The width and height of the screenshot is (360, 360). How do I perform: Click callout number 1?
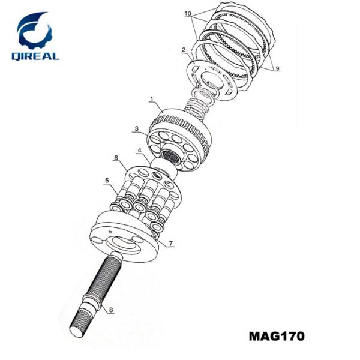click(x=152, y=98)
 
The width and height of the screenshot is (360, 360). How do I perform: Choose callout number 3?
click(x=137, y=129)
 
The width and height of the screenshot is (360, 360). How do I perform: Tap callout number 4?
click(x=139, y=150)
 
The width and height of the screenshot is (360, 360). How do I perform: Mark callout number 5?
click(x=107, y=179)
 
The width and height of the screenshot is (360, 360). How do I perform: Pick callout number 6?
click(x=116, y=158)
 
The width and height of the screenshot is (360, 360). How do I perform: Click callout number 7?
click(x=170, y=244)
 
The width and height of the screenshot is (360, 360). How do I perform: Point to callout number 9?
click(x=277, y=69)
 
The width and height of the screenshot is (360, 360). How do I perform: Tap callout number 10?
click(x=188, y=13)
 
